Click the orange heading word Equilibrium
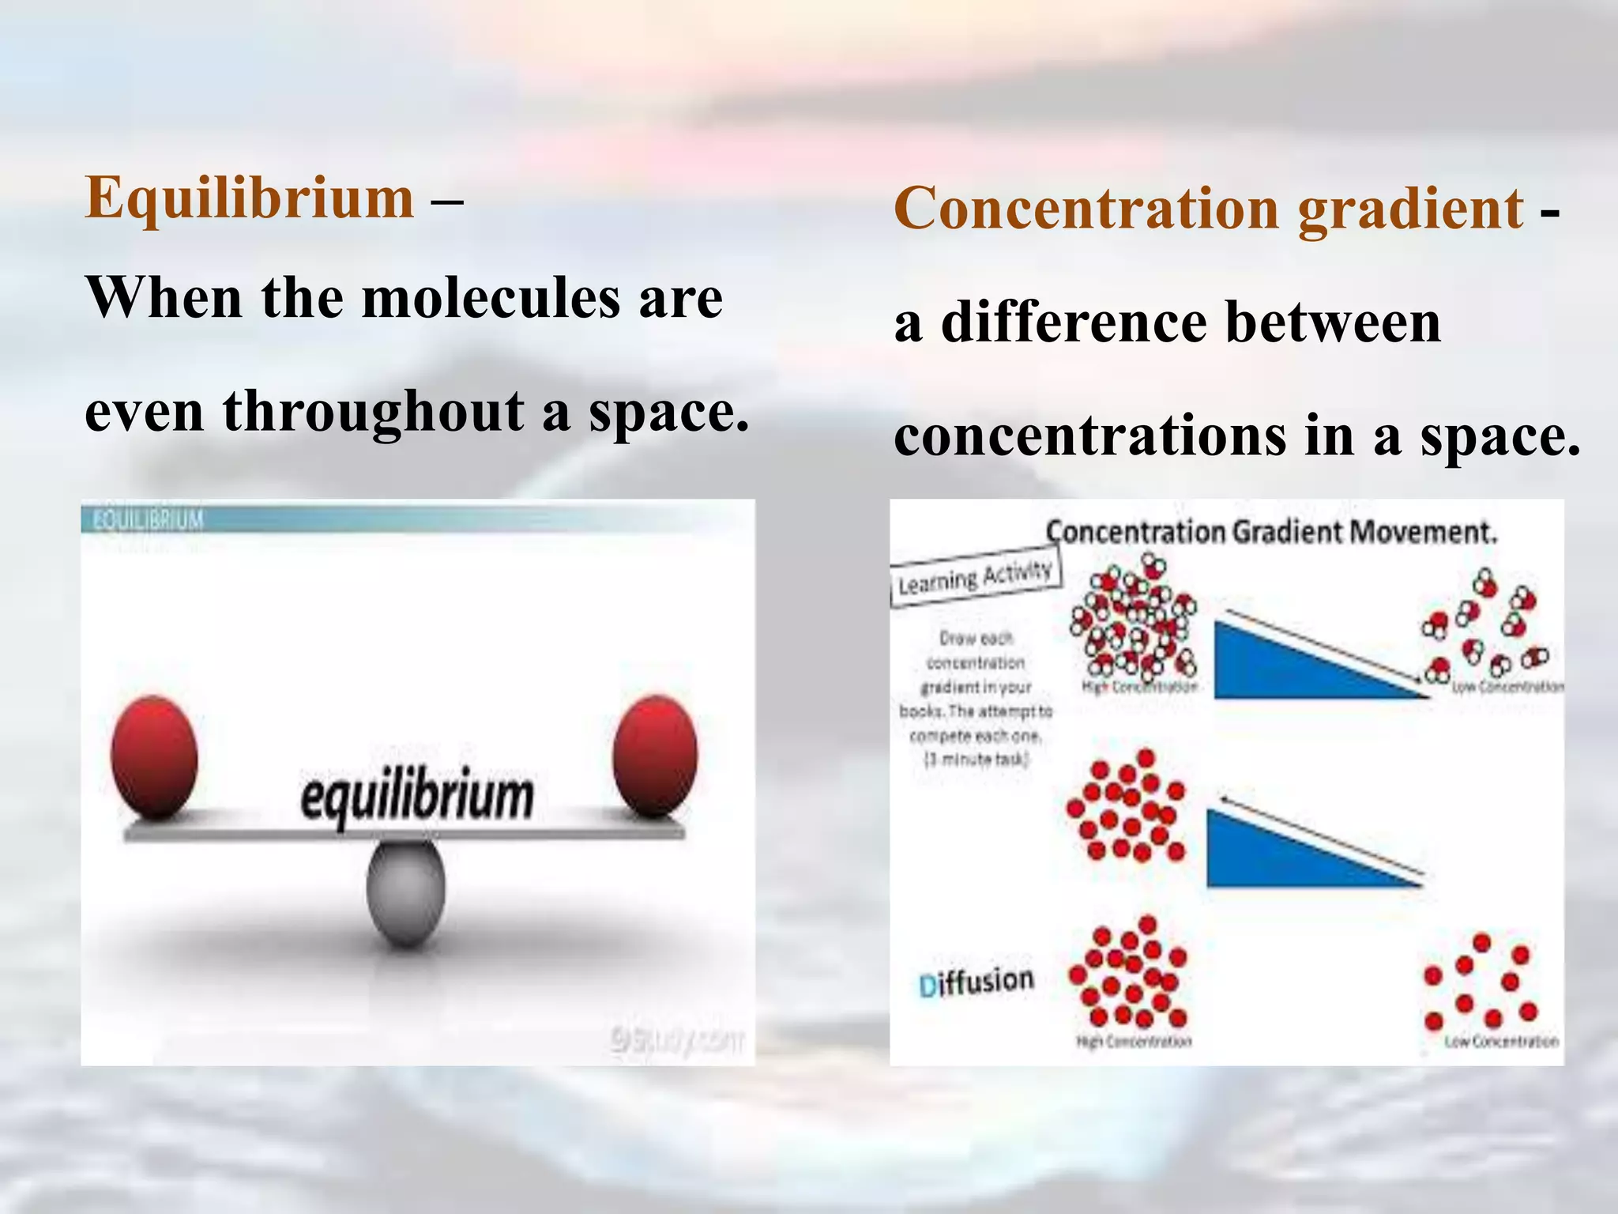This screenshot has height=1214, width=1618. [250, 198]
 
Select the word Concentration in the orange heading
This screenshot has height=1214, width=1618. [1086, 209]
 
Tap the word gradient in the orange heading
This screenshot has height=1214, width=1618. [1410, 209]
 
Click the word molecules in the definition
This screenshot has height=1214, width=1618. [491, 299]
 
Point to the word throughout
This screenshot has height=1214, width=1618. [373, 413]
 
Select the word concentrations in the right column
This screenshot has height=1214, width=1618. [1090, 436]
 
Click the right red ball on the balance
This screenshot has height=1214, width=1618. [655, 755]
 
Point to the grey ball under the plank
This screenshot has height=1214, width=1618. [405, 893]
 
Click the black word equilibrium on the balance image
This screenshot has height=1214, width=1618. [416, 796]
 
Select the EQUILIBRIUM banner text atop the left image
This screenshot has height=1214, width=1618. [149, 520]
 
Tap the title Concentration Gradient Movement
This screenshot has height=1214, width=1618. [1271, 532]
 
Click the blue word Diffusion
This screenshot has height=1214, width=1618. [976, 982]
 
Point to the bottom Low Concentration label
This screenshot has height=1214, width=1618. [1501, 1042]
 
